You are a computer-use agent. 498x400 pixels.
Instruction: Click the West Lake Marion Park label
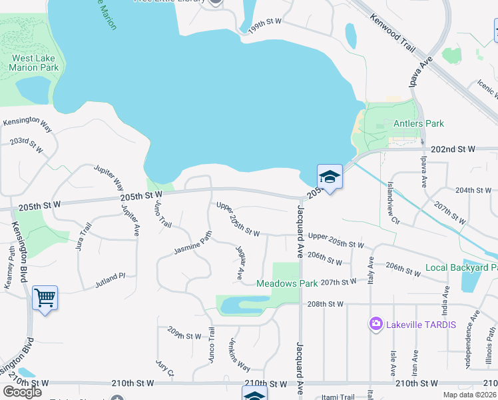coord(35,63)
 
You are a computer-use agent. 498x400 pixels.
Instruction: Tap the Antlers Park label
coord(418,123)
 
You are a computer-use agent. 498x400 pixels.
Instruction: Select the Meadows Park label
coord(288,283)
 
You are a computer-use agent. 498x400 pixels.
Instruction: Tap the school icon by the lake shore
coord(329,177)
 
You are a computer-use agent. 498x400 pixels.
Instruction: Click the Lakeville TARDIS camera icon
coord(376,325)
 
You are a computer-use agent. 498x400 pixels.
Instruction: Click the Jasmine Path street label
coord(192,245)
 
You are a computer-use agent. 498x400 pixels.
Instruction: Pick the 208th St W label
coord(326,304)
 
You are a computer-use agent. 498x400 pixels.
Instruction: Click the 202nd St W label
coord(453,150)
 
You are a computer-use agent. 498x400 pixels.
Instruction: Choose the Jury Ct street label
coord(164,368)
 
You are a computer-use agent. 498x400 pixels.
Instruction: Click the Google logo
coord(22,392)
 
